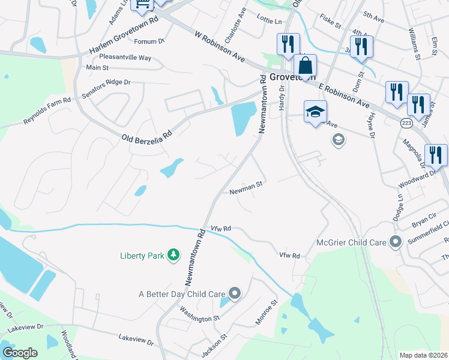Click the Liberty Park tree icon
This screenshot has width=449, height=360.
coord(173,256)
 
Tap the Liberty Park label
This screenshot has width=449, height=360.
coord(142,256)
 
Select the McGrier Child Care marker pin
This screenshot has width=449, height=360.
coord(395,243)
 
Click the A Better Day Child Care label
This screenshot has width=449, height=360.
coord(181,294)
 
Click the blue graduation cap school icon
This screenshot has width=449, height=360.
coord(315,111)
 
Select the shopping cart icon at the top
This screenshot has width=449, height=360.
coord(143,5)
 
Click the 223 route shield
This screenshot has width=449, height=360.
coord(406,122)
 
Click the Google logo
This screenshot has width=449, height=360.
coord(20,352)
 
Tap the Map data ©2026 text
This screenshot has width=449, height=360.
coord(423,356)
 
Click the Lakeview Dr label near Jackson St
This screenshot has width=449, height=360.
coord(136,340)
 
